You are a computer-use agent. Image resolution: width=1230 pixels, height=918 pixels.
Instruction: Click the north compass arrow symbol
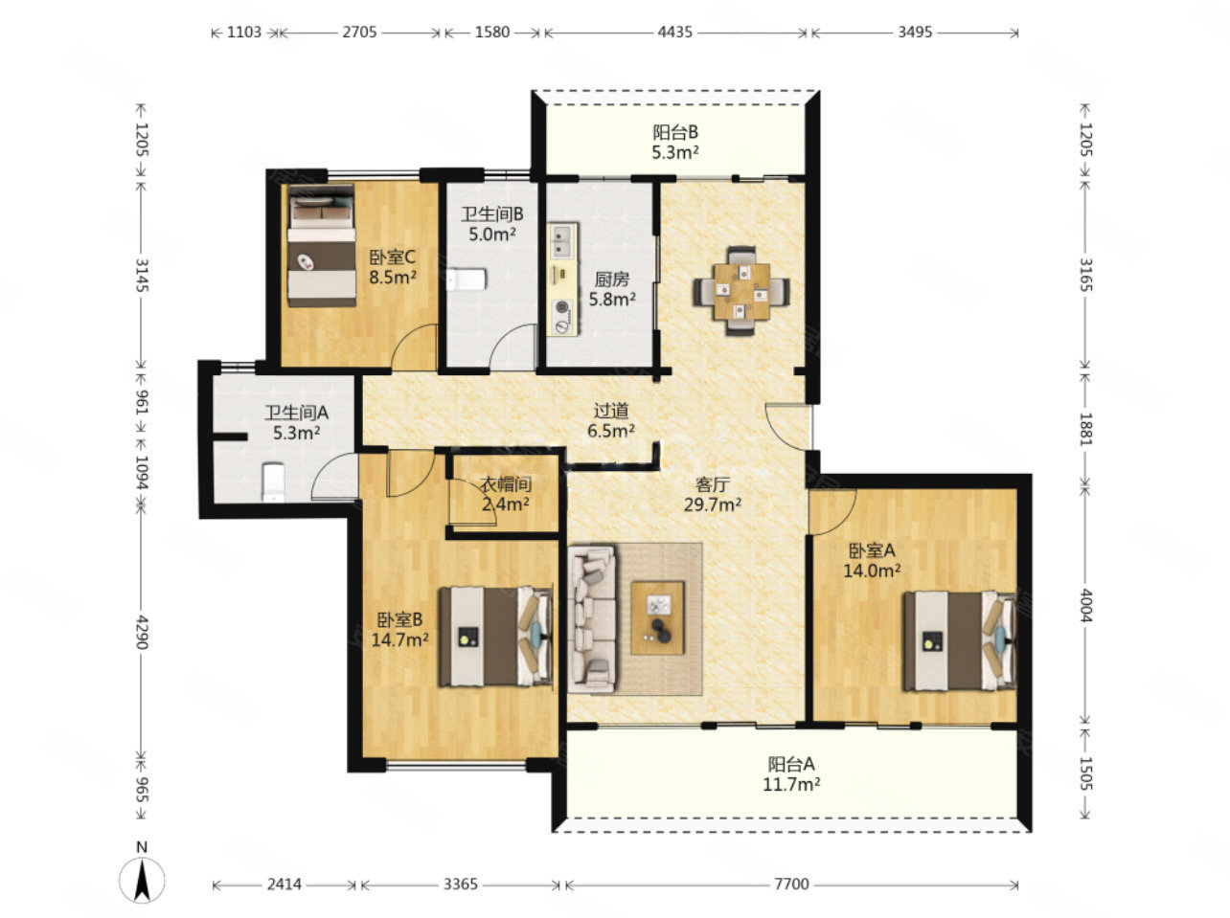(x=142, y=880)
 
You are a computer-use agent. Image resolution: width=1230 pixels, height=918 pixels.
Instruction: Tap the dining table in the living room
(x=741, y=290)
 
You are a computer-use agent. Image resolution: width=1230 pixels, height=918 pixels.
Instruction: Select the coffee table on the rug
(x=657, y=618)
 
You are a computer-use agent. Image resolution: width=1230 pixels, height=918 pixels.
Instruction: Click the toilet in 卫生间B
(x=467, y=280)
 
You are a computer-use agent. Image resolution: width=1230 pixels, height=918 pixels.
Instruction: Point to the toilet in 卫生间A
(x=273, y=481)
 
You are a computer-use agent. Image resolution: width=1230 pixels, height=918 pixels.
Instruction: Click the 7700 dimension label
(x=791, y=884)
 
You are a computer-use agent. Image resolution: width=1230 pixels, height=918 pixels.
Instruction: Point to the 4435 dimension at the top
(x=674, y=32)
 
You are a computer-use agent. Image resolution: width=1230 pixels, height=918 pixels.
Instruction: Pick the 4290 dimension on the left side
(x=141, y=633)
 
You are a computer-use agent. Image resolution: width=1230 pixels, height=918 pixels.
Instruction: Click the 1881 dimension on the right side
(x=1086, y=429)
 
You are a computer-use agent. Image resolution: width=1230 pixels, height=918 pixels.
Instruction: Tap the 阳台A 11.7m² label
(x=790, y=774)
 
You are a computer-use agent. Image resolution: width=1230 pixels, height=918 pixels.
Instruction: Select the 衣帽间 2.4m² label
(x=506, y=494)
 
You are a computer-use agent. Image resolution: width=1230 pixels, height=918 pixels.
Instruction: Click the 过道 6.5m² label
(x=611, y=420)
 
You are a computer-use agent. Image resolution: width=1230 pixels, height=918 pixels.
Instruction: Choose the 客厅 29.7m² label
(x=712, y=494)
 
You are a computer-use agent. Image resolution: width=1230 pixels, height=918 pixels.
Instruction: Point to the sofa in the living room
(x=592, y=619)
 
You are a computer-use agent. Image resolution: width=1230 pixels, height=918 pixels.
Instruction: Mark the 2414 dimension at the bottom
(x=284, y=884)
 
